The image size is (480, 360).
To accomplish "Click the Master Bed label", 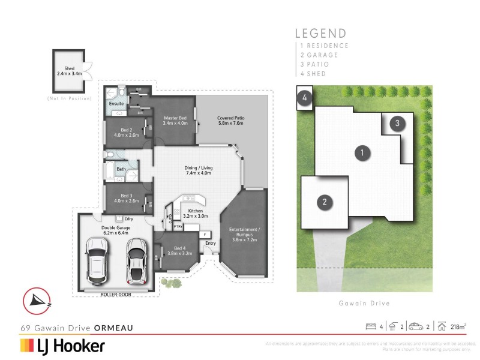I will click(176, 121).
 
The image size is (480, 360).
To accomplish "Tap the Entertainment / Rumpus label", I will click(244, 235).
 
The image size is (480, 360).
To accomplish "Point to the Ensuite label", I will click(116, 104).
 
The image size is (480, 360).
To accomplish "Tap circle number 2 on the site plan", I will click(325, 202).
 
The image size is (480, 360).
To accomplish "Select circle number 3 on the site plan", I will click(397, 124).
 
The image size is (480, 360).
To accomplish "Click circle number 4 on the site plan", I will click(304, 98).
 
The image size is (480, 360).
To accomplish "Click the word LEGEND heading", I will click(321, 34).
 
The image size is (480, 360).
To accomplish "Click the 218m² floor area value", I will click(458, 326).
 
